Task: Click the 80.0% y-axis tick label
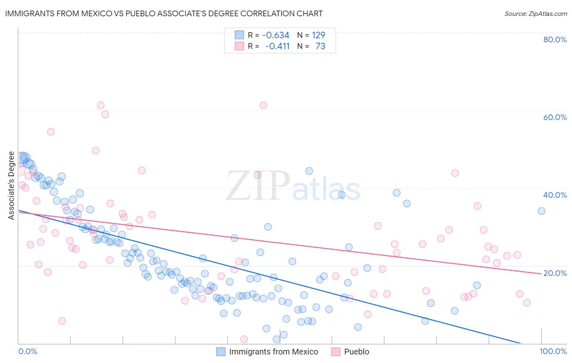[x=555, y=39]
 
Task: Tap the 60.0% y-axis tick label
[x=555, y=117]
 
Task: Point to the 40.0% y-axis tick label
[x=555, y=195]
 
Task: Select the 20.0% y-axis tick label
[x=555, y=273]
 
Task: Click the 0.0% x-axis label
[x=28, y=351]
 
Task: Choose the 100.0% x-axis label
[x=553, y=351]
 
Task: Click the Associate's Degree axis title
[x=11, y=186]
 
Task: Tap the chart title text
[x=164, y=13]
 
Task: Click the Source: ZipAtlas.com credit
[x=535, y=13]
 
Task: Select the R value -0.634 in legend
[x=275, y=35]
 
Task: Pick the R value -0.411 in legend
[x=277, y=46]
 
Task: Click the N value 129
[x=319, y=35]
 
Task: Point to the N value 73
[x=320, y=46]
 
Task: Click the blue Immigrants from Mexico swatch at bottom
[x=221, y=352]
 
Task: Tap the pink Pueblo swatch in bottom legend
[x=336, y=352]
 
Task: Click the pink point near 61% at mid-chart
[x=263, y=105]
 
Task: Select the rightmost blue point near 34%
[x=541, y=211]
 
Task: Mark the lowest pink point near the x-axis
[x=244, y=339]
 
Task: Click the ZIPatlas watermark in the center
[x=293, y=186]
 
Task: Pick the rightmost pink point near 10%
[x=527, y=303]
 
